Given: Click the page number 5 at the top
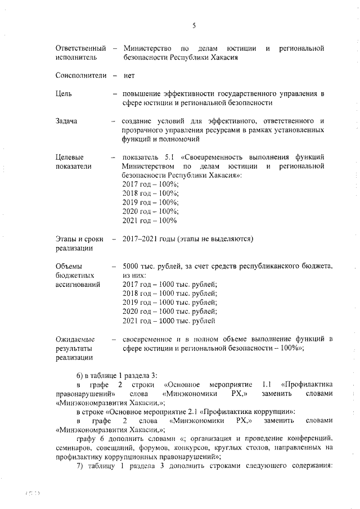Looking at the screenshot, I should pyautogui.click(x=193, y=25).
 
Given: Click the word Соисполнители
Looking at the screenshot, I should pyautogui.click(x=80, y=75).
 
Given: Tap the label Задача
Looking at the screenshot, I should pyautogui.click(x=67, y=121).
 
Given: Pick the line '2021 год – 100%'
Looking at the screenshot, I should pyautogui.click(x=149, y=220).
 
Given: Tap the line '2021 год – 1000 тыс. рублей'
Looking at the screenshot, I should pyautogui.click(x=168, y=321).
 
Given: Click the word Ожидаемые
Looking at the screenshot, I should pyautogui.click(x=75, y=339).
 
